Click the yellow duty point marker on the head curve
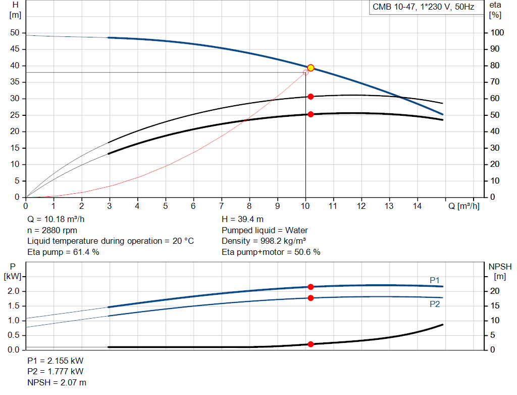pos(311,68)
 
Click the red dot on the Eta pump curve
pos(311,97)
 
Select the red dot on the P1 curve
pos(311,287)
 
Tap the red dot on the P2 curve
pos(311,298)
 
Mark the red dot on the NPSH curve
pos(311,344)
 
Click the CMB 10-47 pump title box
pos(426,7)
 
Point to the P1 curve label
pos(435,280)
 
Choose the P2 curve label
pos(435,304)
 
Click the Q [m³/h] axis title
pos(463,206)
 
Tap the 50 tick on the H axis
pos(15,33)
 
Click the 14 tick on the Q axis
pos(418,206)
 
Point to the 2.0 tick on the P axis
pos(14,291)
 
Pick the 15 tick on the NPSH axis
pos(495,306)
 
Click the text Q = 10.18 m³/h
pos(56,220)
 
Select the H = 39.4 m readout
pos(242,220)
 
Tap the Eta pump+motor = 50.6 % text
pos(271,252)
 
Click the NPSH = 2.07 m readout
pos(57,382)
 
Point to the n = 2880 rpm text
pos(52,230)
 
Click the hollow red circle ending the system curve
pos(305,72)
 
